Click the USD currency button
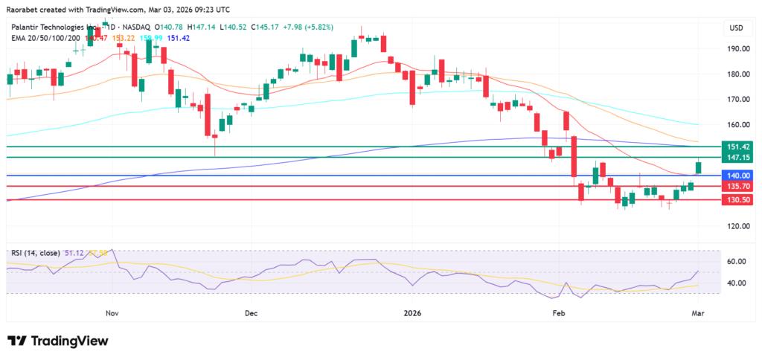[x=737, y=28]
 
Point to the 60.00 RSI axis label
[x=736, y=261]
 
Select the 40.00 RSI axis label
[x=736, y=283]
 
